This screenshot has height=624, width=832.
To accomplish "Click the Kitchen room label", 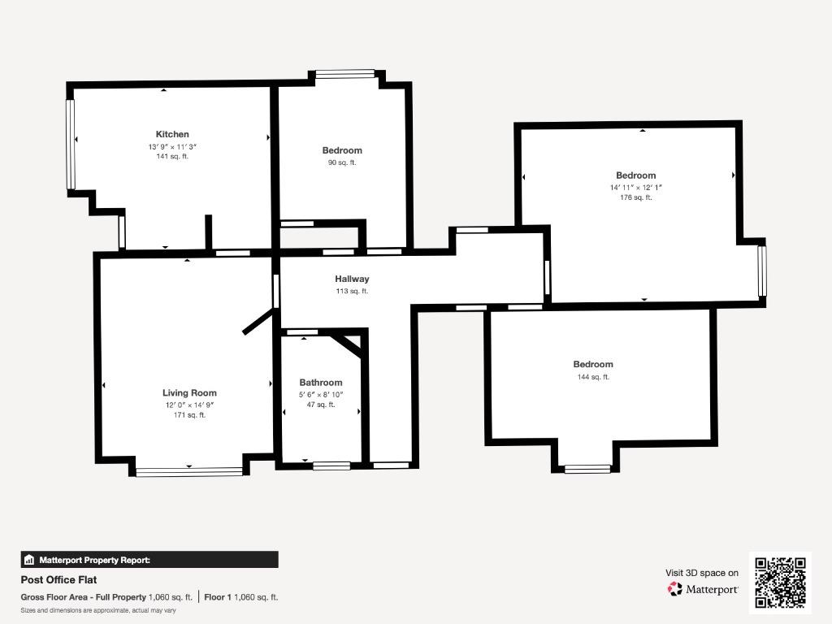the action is click(x=172, y=134).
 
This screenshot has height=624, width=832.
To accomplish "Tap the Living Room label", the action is click(x=189, y=392).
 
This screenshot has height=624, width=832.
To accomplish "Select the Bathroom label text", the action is click(x=320, y=383).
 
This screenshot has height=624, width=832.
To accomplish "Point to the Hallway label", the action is click(x=352, y=279).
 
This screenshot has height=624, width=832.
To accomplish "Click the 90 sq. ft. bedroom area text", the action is click(x=342, y=162).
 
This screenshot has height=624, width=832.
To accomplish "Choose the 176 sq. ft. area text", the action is click(x=635, y=197).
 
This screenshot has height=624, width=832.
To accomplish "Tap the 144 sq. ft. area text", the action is click(x=593, y=377).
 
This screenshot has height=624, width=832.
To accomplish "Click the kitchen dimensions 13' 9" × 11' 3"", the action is click(x=172, y=146).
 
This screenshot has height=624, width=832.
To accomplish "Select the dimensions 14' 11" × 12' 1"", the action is click(x=635, y=188).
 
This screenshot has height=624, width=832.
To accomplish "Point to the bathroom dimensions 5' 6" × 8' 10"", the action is click(x=321, y=395).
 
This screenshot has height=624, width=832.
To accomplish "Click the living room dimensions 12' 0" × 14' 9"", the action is click(x=189, y=405).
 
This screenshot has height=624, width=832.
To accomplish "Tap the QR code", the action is click(x=781, y=582).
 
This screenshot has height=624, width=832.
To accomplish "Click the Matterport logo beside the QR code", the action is click(x=703, y=589).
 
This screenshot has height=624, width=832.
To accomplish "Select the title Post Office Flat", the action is click(x=58, y=580).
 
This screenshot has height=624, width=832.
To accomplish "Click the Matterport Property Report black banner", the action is click(x=149, y=560).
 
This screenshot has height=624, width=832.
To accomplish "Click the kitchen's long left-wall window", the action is click(x=71, y=145).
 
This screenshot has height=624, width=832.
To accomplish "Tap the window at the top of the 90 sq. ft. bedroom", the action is click(x=344, y=74).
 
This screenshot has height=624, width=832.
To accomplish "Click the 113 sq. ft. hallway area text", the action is click(x=352, y=291).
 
